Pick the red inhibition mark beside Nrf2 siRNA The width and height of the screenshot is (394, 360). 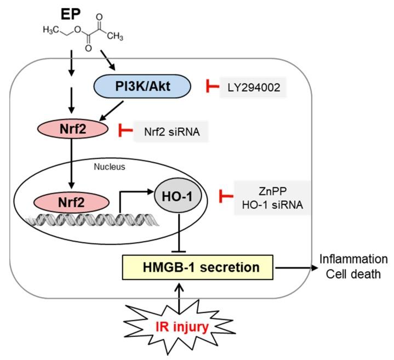click(125, 132)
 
